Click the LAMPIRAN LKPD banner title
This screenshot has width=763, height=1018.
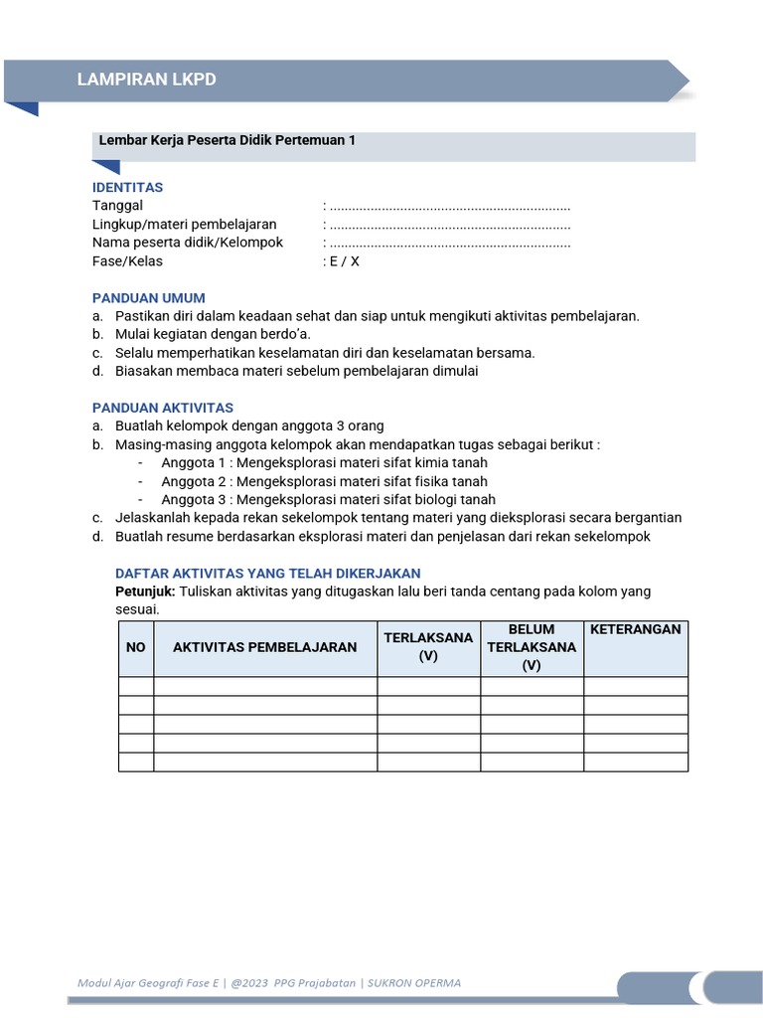pyautogui.click(x=146, y=80)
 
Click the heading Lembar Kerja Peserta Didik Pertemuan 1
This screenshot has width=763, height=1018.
pyautogui.click(x=227, y=141)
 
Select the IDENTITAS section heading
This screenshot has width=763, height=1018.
pyautogui.click(x=127, y=187)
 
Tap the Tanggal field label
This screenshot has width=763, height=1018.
pyautogui.click(x=117, y=206)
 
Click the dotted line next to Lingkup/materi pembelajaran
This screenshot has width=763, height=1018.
pyautogui.click(x=450, y=225)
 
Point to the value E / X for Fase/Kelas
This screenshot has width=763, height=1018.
pyautogui.click(x=344, y=261)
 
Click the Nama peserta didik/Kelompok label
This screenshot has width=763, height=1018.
pyautogui.click(x=188, y=243)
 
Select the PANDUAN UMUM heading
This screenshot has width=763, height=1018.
pyautogui.click(x=148, y=297)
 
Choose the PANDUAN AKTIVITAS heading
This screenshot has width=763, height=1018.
pyautogui.click(x=163, y=408)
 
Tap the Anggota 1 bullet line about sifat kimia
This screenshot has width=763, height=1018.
pyautogui.click(x=324, y=463)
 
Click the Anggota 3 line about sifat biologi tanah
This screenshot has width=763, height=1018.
pyautogui.click(x=328, y=500)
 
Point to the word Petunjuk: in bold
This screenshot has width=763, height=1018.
pyautogui.click(x=145, y=592)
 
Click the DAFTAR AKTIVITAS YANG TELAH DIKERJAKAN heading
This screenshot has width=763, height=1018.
pyautogui.click(x=268, y=574)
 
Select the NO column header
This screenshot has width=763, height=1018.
pyautogui.click(x=136, y=647)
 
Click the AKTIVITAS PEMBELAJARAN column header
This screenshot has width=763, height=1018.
pyautogui.click(x=265, y=647)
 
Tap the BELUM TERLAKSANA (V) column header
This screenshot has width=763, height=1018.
pyautogui.click(x=532, y=648)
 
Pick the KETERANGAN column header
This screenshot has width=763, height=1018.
pyautogui.click(x=636, y=630)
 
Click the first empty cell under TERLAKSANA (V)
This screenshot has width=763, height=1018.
pyautogui.click(x=428, y=686)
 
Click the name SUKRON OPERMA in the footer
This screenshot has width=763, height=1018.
pyautogui.click(x=413, y=983)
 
